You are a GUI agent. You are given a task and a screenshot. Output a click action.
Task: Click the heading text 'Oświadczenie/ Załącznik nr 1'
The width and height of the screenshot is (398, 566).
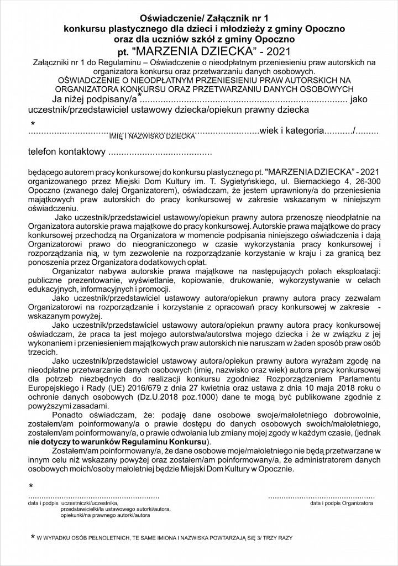pos(199,17)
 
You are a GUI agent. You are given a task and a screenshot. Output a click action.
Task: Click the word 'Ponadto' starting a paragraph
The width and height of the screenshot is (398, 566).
pos(68,416)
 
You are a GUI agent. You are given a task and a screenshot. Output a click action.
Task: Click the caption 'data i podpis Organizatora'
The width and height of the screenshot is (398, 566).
pos(341,504)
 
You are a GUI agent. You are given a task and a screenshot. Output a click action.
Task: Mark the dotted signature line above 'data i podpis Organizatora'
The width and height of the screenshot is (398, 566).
pos(322,496)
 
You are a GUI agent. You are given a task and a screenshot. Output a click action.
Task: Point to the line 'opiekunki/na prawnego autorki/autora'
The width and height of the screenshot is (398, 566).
pos(105,515)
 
